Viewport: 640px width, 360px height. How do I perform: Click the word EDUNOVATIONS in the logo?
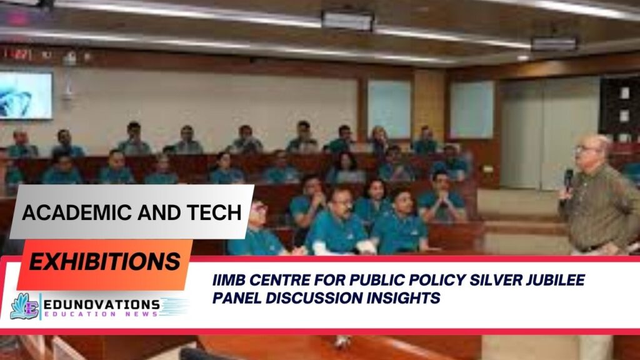[x=101, y=303]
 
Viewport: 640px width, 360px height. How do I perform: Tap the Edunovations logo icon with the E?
[x=24, y=306]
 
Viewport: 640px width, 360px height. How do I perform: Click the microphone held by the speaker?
[x=568, y=179]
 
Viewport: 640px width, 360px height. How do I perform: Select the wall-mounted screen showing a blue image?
[x=26, y=95]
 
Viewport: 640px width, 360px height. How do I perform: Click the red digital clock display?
[x=17, y=54]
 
